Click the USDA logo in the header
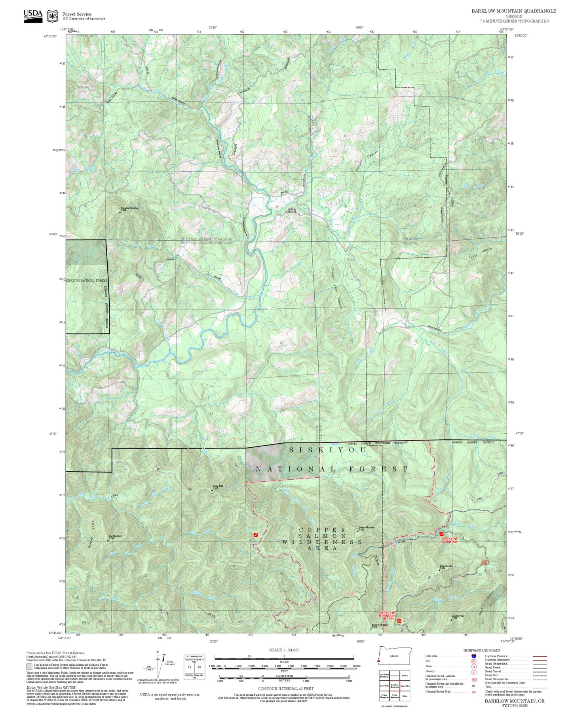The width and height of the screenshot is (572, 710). pos(33,16)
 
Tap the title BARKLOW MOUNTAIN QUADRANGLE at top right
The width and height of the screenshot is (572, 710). pos(513,11)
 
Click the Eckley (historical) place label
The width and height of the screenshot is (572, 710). pos(291,210)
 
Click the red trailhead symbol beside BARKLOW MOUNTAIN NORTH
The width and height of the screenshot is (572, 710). pos(399,621)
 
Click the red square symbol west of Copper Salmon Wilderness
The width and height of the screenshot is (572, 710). pos(256,535)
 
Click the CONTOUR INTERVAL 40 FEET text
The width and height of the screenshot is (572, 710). pos(285,689)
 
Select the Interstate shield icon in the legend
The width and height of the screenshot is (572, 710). pos(473,656)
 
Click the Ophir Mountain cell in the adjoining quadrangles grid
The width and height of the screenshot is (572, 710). pos(394,696)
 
